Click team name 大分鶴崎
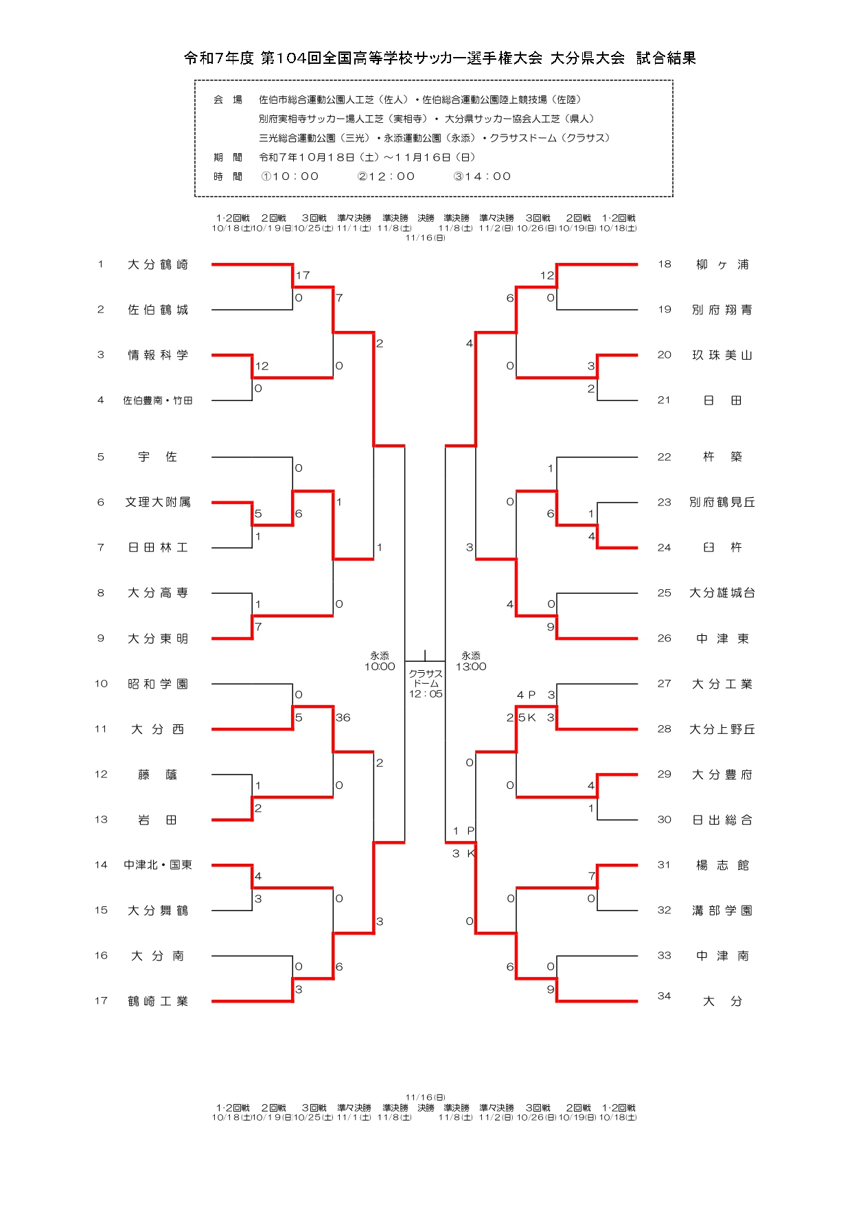[157, 264]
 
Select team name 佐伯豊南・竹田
[157, 400]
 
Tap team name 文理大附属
[157, 502]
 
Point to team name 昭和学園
[157, 684]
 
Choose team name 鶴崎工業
[157, 1001]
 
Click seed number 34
[664, 996]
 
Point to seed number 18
[664, 264]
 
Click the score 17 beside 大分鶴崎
[303, 275]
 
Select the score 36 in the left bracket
[343, 718]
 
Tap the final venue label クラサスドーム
[426, 678]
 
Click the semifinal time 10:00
[380, 667]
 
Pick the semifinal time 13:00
[471, 667]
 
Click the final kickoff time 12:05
[426, 694]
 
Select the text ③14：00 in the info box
[482, 176]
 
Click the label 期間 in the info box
[227, 157]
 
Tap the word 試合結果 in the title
[665, 58]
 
